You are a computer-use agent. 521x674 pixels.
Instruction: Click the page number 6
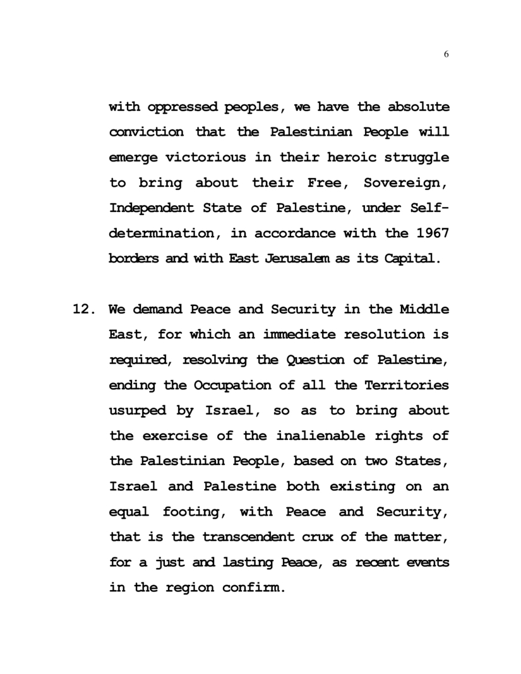[446, 55]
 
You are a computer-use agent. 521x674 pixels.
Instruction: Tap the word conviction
[147, 133]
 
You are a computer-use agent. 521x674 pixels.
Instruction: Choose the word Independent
[152, 208]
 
